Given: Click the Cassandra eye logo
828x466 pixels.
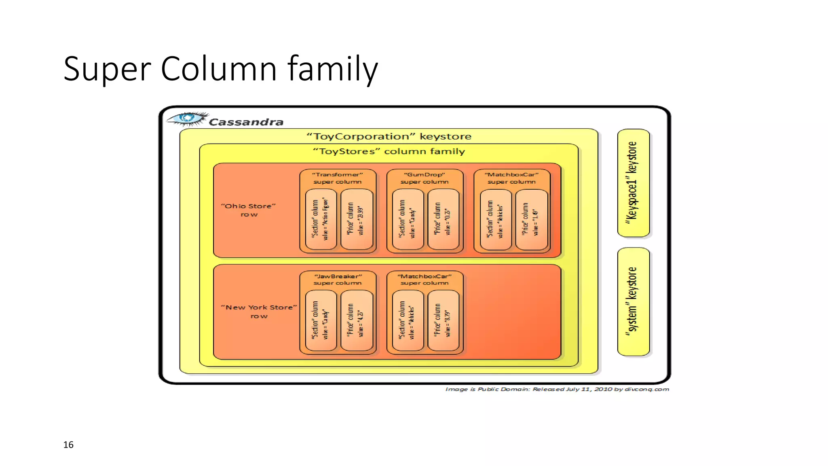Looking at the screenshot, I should [187, 119].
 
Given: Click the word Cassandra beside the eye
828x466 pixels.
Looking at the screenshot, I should [246, 122].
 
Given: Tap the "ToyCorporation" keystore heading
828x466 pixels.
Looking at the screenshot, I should [389, 136].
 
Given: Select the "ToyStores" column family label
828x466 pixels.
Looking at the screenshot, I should [389, 151].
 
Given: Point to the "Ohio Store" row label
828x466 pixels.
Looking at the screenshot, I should [249, 210].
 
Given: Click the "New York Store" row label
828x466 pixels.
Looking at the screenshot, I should [259, 311].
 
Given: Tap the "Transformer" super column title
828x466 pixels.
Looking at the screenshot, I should [338, 178].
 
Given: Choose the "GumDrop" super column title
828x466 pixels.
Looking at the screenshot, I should [425, 178].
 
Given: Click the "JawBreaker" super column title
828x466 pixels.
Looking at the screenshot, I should [338, 280].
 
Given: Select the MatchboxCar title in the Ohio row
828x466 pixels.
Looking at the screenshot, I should [511, 178].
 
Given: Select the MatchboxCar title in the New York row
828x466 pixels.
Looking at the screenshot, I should [425, 280].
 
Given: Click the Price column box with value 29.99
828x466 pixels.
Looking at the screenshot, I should [357, 219].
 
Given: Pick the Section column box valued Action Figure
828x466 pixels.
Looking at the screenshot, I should [321, 219].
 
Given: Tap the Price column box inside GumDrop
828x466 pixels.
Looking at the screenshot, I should [444, 219].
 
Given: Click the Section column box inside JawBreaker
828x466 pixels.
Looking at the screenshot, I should [321, 320].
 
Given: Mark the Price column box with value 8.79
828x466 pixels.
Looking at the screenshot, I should [444, 320].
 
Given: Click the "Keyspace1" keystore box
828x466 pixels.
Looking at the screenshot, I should [633, 183].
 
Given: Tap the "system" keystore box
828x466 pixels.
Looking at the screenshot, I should [633, 302].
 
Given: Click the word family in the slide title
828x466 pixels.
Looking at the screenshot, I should [332, 69].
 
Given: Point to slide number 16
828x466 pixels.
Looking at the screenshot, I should [68, 445].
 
